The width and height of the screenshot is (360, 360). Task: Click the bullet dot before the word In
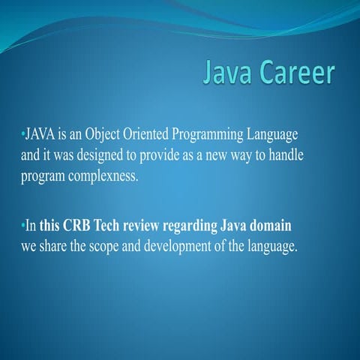coord(22,225)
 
